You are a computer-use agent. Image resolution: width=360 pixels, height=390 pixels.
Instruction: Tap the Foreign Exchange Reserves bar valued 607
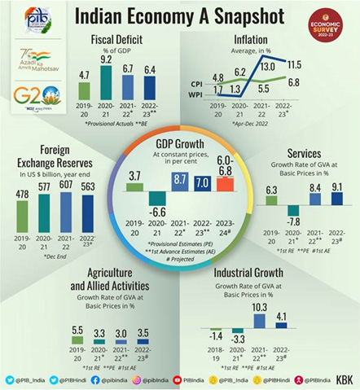click(x=67, y=213)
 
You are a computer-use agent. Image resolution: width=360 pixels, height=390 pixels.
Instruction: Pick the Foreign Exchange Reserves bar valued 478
click(x=22, y=217)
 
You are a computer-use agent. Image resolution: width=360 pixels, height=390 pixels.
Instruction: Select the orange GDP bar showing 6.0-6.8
click(x=225, y=185)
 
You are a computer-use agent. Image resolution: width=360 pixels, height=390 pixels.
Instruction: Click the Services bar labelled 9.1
click(x=336, y=199)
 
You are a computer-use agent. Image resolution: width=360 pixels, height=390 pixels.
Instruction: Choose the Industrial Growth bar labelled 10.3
click(x=260, y=321)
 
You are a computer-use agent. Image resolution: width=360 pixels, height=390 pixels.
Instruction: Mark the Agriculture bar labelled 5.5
click(x=77, y=340)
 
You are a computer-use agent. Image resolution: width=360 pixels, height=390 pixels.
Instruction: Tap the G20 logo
click(x=37, y=96)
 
